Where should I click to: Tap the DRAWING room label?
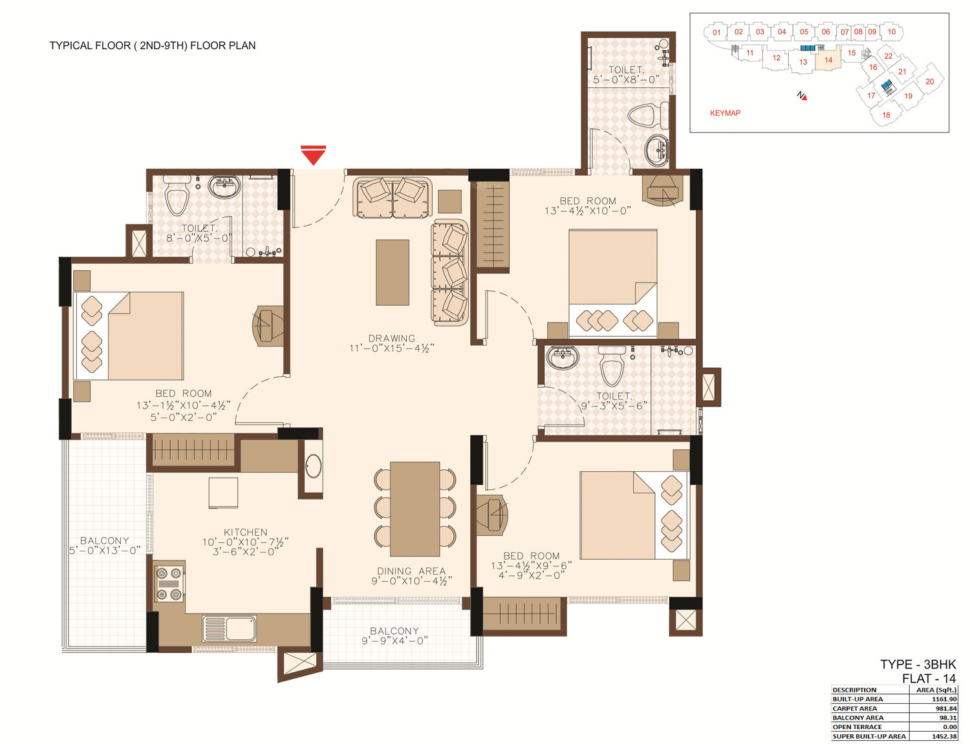[x=391, y=339]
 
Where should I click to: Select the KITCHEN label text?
[x=246, y=532]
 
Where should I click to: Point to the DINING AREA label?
[x=411, y=571]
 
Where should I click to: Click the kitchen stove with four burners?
[x=169, y=584]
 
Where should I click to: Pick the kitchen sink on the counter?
[x=230, y=628]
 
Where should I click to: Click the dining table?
[x=415, y=509]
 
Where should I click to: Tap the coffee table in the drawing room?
[x=393, y=273]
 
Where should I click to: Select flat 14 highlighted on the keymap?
[x=828, y=59]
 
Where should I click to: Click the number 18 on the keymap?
[x=886, y=115]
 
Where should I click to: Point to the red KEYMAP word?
[x=725, y=113]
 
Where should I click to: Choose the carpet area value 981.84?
[x=946, y=708]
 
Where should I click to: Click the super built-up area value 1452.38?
[x=944, y=736]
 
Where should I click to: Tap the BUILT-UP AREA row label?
[x=857, y=699]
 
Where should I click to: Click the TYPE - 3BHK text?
[x=918, y=664]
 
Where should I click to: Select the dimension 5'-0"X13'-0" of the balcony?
[x=105, y=551]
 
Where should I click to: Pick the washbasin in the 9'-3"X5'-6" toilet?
[x=563, y=358]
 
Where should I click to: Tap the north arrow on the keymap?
[x=802, y=96]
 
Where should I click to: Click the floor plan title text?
[x=153, y=45]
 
